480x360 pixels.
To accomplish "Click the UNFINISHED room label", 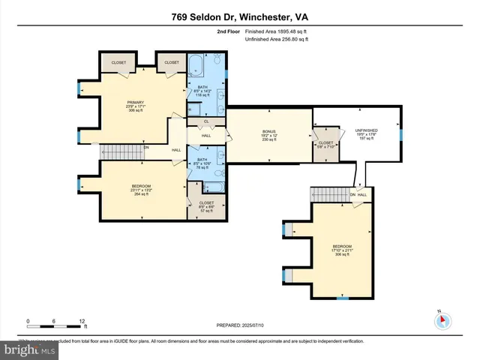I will [x=366, y=133].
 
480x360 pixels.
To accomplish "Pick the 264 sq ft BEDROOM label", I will [x=142, y=190].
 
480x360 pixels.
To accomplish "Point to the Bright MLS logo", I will [x=28, y=350].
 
